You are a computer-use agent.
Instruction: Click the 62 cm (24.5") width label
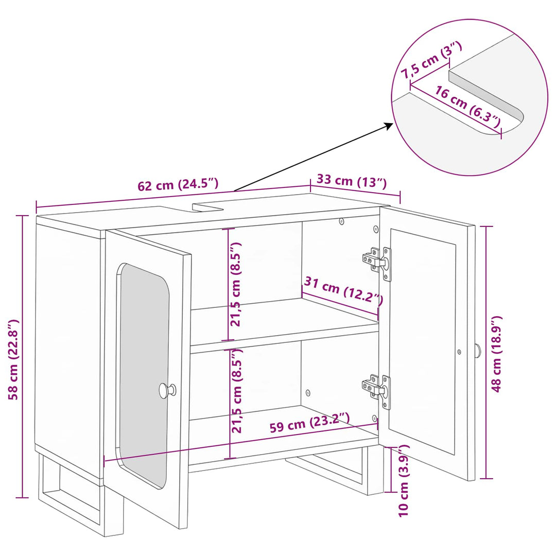coord(178,184)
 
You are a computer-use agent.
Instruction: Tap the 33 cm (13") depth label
coord(352,181)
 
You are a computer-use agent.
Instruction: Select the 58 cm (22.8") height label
coord(13,359)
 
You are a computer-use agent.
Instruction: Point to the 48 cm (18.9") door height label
coord(496,354)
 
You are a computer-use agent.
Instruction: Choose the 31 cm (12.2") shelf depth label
coord(343,290)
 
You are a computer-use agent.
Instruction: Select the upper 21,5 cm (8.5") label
coord(236,284)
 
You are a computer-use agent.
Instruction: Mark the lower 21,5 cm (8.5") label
coord(236,390)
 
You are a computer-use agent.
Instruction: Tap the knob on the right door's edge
coord(478,351)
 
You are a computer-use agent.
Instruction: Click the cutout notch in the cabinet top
coord(208,207)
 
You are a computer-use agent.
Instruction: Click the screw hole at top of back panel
coord(341,221)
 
